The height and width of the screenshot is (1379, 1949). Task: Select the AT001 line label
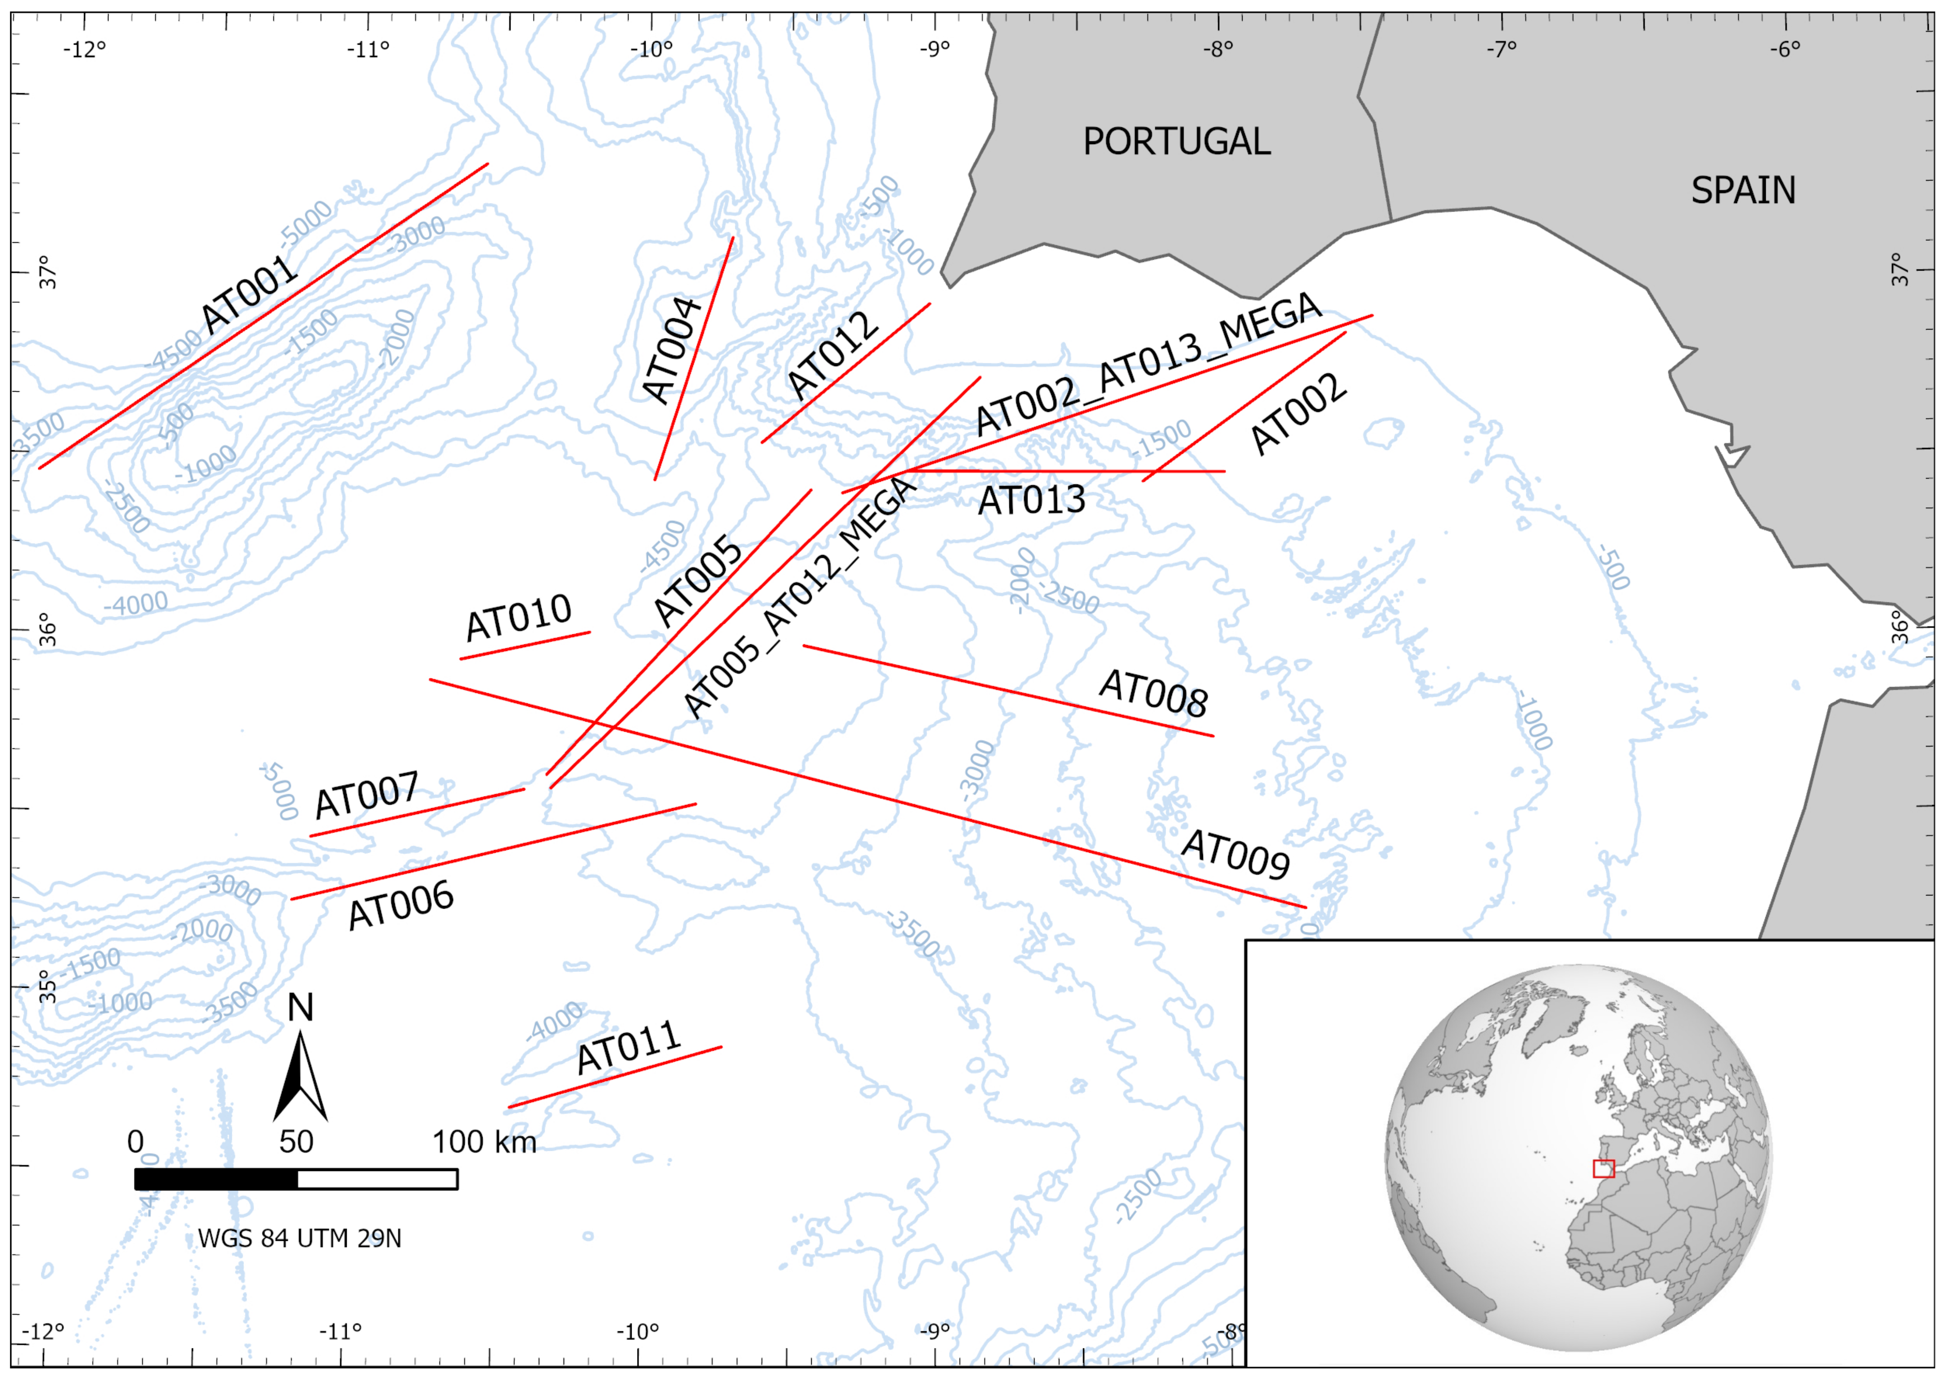tap(249, 294)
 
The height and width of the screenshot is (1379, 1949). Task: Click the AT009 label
tap(1236, 854)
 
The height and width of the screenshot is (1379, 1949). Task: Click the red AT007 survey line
tap(416, 813)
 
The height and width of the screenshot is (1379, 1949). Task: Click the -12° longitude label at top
tap(85, 49)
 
